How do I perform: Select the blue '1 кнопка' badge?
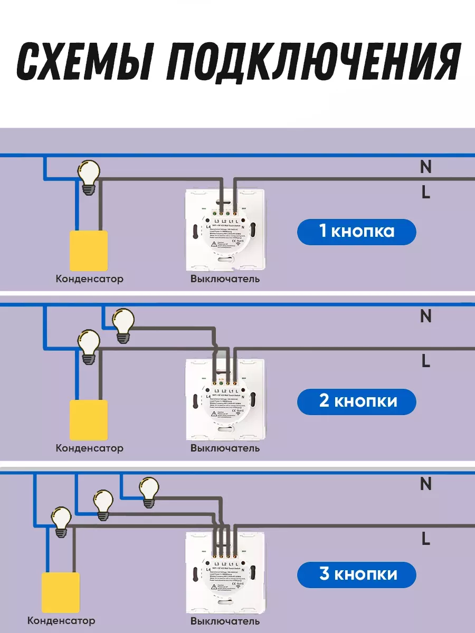356,232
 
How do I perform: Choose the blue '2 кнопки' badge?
356,401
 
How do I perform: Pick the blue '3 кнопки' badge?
356,574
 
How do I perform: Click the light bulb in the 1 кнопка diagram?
89,177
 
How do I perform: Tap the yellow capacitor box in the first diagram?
89,250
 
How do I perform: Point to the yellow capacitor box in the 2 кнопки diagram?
89,420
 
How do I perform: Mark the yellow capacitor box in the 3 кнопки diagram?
60,592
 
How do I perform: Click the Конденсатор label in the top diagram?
89,279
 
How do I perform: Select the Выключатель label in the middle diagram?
225,448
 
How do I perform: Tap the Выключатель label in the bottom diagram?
225,621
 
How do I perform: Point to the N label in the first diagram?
425,167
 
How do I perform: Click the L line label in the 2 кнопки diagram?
426,362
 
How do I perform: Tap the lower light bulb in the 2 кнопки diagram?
89,346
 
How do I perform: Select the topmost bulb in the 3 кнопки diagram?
149,492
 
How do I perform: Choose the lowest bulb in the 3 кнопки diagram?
62,521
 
